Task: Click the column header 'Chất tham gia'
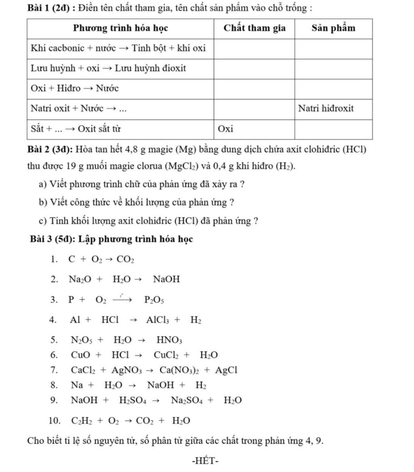pyautogui.click(x=255, y=28)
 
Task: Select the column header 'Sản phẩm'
pyautogui.click(x=334, y=28)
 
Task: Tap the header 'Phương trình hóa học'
pyautogui.click(x=120, y=28)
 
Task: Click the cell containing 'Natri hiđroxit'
pyautogui.click(x=326, y=109)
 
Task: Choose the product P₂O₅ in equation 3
pyautogui.click(x=154, y=300)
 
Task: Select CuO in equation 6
pyautogui.click(x=81, y=355)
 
